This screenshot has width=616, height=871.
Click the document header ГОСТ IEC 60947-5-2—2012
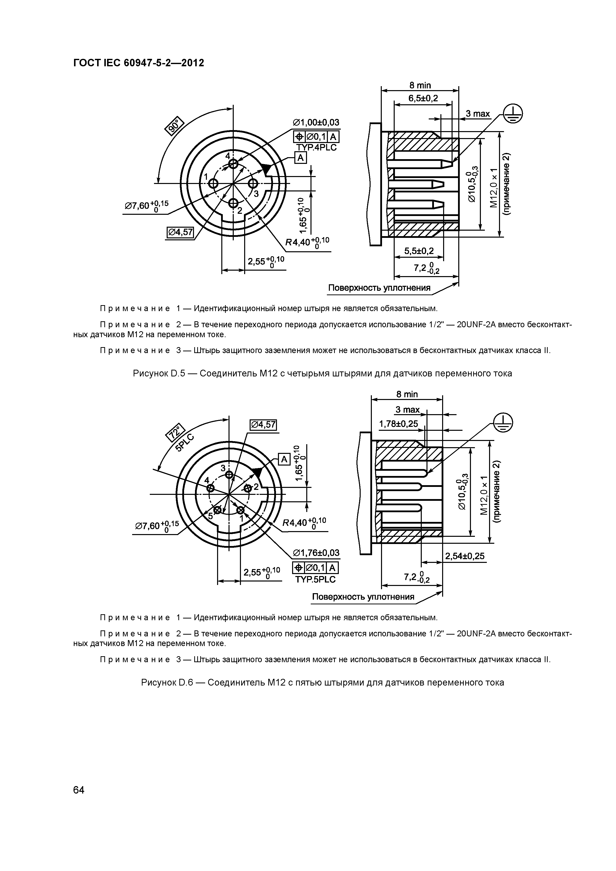pyautogui.click(x=139, y=63)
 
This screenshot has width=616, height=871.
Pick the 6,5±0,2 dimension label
pyautogui.click(x=423, y=99)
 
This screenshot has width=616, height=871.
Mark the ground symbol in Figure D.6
pyautogui.click(x=503, y=422)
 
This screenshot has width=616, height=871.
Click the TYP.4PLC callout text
pyautogui.click(x=316, y=147)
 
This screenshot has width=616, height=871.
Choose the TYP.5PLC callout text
pyautogui.click(x=315, y=580)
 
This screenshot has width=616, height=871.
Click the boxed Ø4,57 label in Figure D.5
pyautogui.click(x=180, y=232)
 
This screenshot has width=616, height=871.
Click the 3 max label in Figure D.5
pyautogui.click(x=477, y=114)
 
